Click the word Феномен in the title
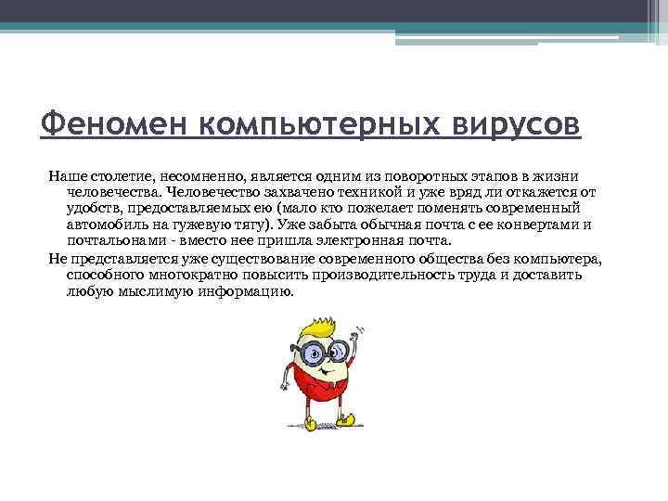click(96, 123)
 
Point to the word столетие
click(116, 176)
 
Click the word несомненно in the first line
click(200, 176)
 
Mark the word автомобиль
click(106, 225)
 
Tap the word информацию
click(247, 291)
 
